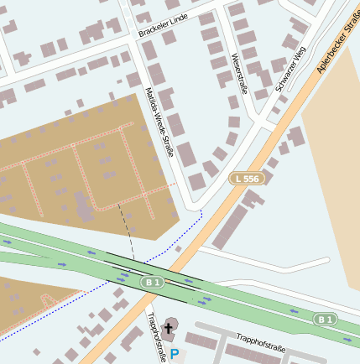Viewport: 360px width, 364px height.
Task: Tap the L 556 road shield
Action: tap(247, 179)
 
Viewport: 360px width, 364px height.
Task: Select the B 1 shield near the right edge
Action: tap(326, 319)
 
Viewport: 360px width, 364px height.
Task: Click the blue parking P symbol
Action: tap(175, 355)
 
